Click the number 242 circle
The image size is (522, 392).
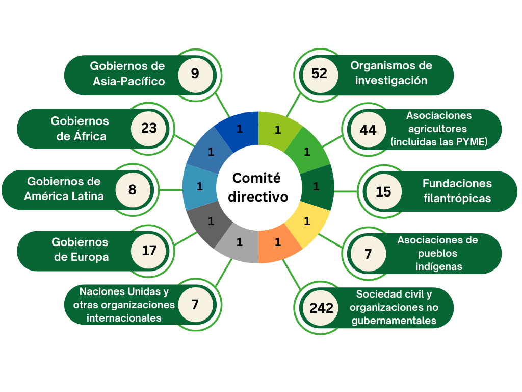pos(321,308)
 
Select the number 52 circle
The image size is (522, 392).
pos(319,73)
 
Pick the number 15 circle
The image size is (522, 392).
pos(383,191)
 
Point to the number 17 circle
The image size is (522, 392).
pos(149,251)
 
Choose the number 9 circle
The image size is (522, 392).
pos(195,73)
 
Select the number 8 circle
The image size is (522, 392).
pos(133,189)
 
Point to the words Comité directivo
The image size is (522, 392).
pos(257,187)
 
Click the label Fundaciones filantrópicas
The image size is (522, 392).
pos(457,190)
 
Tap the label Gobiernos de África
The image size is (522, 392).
pos(80,128)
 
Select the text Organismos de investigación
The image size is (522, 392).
pos(391,73)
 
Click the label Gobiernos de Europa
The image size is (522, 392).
pos(81,250)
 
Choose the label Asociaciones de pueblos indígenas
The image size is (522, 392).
pos(437,253)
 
